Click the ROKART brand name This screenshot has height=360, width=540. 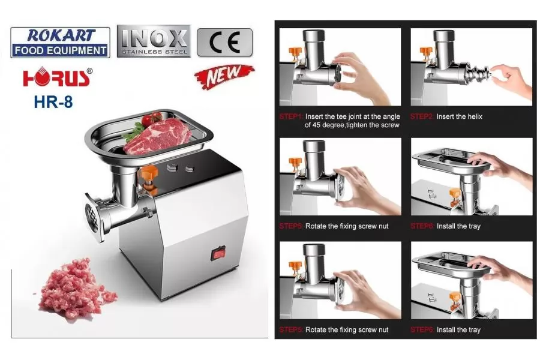click(61, 35)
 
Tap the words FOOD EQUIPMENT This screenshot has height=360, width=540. click(61, 50)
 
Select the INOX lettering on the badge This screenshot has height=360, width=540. click(154, 38)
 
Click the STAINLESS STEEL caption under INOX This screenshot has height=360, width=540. click(154, 52)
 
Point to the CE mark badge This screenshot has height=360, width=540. click(224, 43)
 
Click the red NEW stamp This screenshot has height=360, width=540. click(224, 76)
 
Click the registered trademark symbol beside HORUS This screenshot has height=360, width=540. click(89, 71)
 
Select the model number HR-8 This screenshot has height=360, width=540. click(53, 102)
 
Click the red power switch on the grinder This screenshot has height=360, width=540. click(218, 253)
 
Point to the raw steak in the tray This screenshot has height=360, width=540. click(157, 136)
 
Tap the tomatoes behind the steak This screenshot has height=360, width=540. click(152, 119)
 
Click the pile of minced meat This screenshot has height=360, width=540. click(76, 289)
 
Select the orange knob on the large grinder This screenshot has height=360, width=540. click(149, 176)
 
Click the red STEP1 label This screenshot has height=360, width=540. click(291, 116)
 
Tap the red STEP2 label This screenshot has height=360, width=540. click(422, 116)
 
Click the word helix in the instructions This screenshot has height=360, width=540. click(475, 116)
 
